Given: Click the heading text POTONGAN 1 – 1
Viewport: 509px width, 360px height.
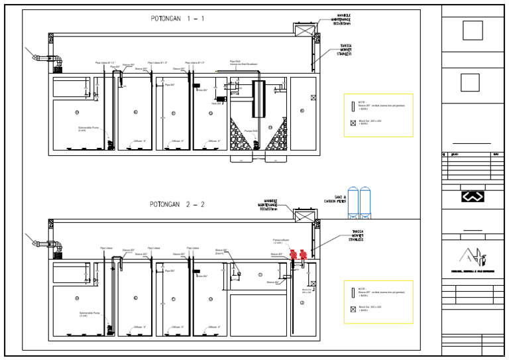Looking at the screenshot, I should tap(176, 18).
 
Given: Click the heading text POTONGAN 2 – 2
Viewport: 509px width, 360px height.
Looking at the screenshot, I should tap(176, 204).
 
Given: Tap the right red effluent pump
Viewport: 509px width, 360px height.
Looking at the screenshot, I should tap(304, 254).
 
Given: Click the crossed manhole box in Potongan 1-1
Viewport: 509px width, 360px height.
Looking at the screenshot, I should tap(303, 30).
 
